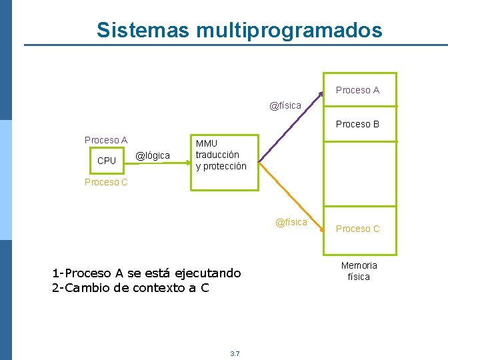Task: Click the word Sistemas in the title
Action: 143,30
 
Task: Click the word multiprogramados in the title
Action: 289,31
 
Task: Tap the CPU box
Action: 107,161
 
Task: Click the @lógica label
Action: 153,155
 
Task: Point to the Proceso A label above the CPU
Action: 106,140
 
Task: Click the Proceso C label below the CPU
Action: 106,182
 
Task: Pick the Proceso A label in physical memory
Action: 357,90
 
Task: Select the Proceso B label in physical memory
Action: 357,124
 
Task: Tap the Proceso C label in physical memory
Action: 357,229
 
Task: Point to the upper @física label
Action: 285,105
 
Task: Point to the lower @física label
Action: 291,222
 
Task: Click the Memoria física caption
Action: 359,271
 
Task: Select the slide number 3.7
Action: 235,353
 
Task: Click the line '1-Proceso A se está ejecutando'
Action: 146,273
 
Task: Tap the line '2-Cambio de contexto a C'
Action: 130,288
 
